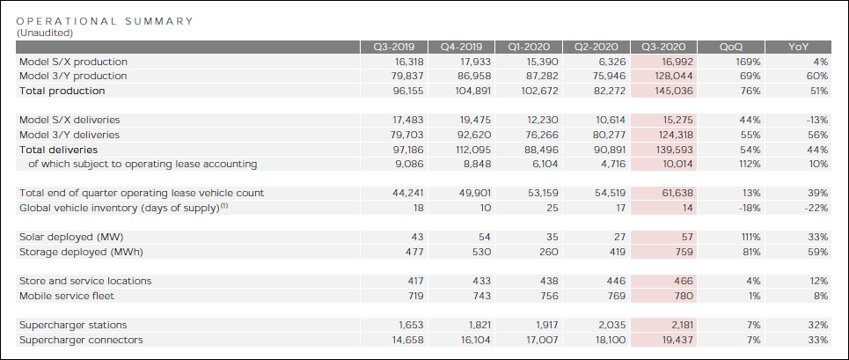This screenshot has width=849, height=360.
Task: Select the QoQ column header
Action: pos(730,48)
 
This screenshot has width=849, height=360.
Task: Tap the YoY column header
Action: pos(799,48)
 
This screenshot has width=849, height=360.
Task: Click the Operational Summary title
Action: pos(106,20)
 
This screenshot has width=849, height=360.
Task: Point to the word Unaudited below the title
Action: pos(45,32)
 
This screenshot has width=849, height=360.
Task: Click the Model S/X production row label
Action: pos(73,62)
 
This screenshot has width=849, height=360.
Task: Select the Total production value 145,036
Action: pos(673,91)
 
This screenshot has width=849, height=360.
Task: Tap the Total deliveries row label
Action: pos(58,150)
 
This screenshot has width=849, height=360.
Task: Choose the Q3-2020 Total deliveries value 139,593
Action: pos(673,150)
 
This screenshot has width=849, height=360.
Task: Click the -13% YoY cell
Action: pos(816,119)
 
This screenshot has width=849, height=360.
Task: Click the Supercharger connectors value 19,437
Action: pos(675,340)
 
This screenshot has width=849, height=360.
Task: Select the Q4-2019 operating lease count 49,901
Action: pos(474,193)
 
